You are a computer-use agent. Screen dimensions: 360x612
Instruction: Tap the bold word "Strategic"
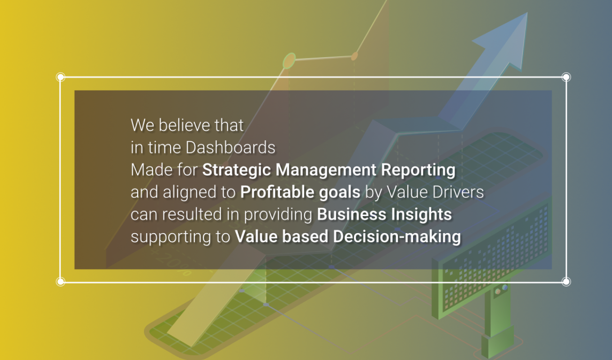click(237, 170)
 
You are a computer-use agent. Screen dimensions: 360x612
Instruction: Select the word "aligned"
click(183, 193)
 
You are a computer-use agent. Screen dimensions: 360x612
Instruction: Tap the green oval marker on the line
click(289, 60)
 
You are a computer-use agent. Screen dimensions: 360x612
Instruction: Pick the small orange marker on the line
click(354, 56)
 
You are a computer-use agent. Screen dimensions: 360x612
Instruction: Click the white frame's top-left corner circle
click(60, 77)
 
